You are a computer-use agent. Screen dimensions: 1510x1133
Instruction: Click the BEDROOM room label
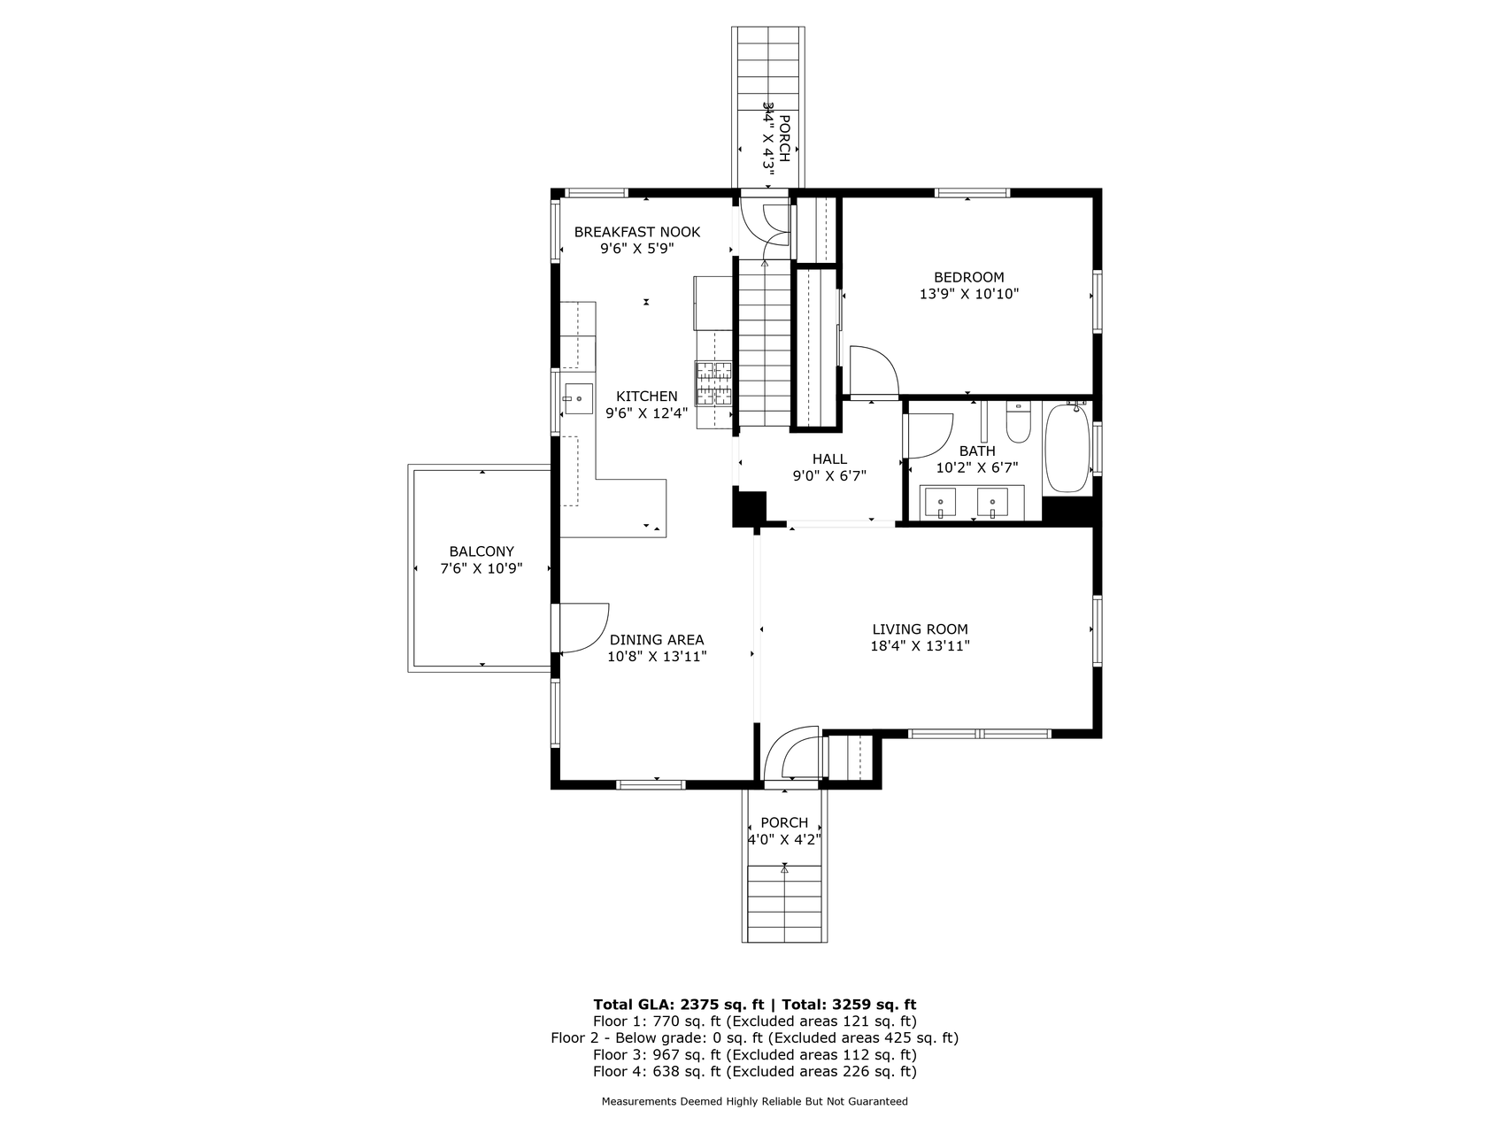click(968, 277)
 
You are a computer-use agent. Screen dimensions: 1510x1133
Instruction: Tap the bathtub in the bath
click(1067, 448)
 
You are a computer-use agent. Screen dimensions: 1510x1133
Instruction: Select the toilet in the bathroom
click(1020, 423)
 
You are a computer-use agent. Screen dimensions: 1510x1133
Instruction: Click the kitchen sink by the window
click(578, 399)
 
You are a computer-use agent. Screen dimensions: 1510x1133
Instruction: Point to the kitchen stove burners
click(713, 383)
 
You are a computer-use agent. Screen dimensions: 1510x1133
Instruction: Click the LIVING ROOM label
click(920, 629)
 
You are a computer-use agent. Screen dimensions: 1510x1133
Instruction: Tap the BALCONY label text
click(482, 551)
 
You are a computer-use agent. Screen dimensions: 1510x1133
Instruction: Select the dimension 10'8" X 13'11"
click(657, 657)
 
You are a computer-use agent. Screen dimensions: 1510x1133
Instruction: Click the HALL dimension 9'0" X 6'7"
click(829, 475)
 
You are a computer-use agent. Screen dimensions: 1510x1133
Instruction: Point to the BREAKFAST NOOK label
click(637, 232)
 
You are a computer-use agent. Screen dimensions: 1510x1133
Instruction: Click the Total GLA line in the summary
click(754, 1005)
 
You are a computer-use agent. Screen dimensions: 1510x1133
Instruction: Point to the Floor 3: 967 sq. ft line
click(754, 1055)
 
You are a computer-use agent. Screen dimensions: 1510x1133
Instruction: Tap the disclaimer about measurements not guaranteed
click(754, 1102)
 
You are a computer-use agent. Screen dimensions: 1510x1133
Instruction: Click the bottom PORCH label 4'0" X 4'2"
click(784, 831)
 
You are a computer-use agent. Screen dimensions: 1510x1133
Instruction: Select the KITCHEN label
click(647, 397)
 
